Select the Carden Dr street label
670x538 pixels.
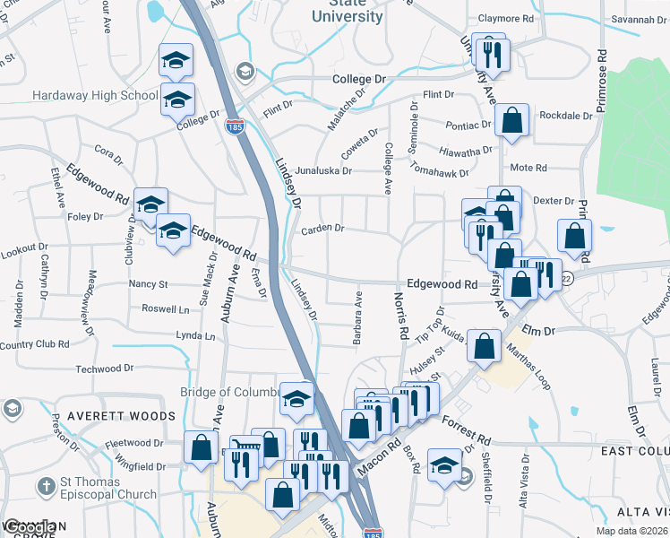[x=322, y=229]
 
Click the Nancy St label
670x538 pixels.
[x=149, y=284]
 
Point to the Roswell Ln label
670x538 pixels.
[x=166, y=308]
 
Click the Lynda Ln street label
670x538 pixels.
[x=197, y=336]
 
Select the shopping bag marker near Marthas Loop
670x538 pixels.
[x=485, y=348]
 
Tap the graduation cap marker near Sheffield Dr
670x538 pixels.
[x=444, y=466]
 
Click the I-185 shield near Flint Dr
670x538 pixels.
[x=234, y=126]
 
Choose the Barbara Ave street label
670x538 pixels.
[x=357, y=318]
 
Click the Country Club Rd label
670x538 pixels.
[x=34, y=344]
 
